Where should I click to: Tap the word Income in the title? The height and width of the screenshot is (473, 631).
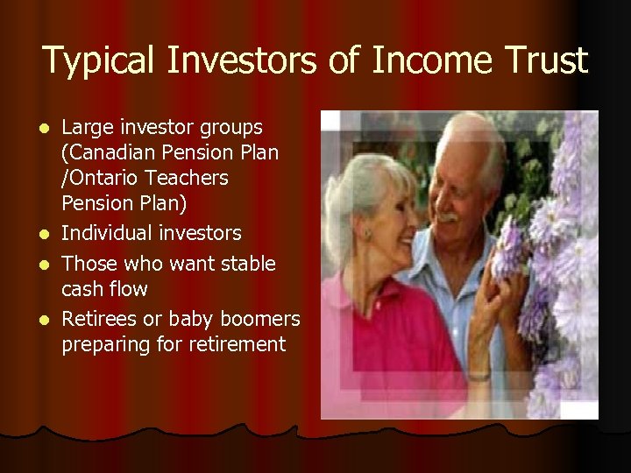click(x=424, y=60)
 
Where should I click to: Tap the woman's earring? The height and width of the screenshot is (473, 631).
click(x=365, y=236)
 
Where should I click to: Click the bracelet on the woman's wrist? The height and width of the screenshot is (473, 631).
click(x=478, y=375)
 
